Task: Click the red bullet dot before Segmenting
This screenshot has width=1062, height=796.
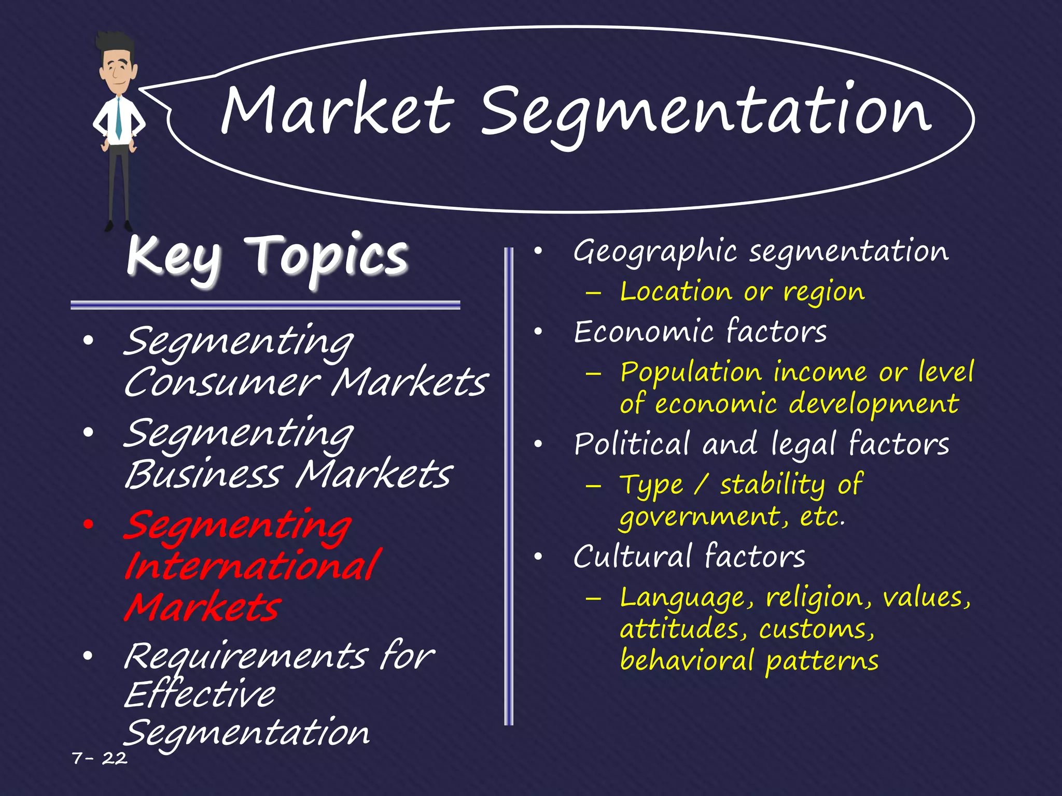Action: click(x=89, y=524)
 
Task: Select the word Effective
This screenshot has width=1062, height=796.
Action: click(x=200, y=694)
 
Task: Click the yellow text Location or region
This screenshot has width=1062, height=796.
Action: click(x=742, y=292)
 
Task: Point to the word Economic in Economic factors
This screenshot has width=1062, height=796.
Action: click(x=643, y=332)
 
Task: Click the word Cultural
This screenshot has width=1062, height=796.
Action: click(x=632, y=557)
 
